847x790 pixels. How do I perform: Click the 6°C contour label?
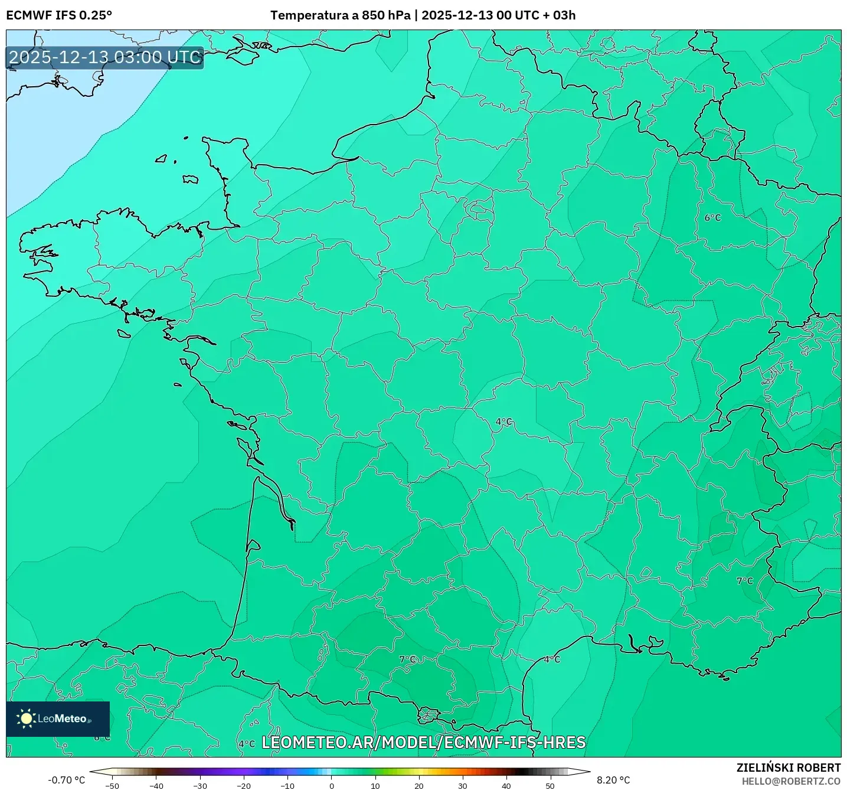pos(712,218)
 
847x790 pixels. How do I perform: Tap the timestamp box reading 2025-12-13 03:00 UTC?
pos(105,58)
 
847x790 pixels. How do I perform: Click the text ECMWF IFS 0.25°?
pos(58,15)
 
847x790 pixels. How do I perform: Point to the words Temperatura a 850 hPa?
pos(340,15)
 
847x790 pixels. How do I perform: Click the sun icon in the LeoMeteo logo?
pos(26,718)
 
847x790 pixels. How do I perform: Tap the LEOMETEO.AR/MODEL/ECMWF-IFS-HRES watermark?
pos(423,742)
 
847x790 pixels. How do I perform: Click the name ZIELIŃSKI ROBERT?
pos(788,768)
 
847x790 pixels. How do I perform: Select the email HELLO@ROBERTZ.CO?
pos(791,781)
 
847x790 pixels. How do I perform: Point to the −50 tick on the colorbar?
pos(112,786)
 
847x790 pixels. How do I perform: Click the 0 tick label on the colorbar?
pos(332,786)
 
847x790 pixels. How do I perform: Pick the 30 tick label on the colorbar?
pos(462,786)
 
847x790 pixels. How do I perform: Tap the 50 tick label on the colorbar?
pos(550,786)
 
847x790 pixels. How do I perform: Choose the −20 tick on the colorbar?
pos(244,786)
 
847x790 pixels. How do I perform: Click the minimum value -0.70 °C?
pos(66,780)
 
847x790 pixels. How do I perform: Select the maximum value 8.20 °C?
pos(613,780)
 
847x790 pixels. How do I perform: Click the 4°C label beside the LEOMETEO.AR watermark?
pos(247,744)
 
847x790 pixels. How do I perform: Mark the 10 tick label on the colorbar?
pos(375,786)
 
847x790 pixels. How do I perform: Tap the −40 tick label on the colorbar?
pos(156,786)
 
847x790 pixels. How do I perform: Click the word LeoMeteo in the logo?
pos(63,719)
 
